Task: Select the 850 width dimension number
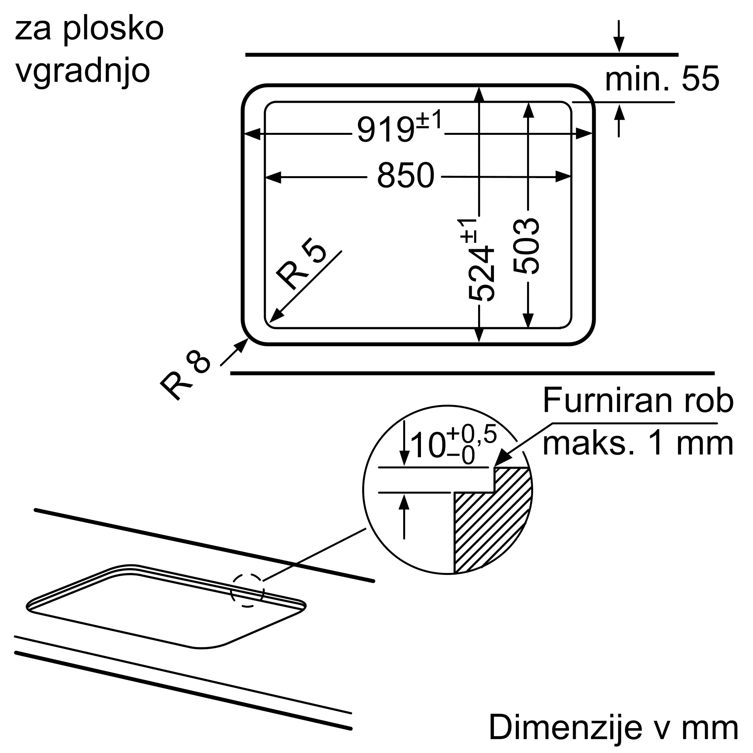pos(405,176)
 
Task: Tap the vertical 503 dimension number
pos(526,246)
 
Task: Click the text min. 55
pos(662,79)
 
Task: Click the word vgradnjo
pos(82,72)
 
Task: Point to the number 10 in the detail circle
pos(428,445)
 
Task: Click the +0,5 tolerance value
pos(472,434)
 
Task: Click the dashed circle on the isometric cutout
pos(247,590)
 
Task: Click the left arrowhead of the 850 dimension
pos(273,177)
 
